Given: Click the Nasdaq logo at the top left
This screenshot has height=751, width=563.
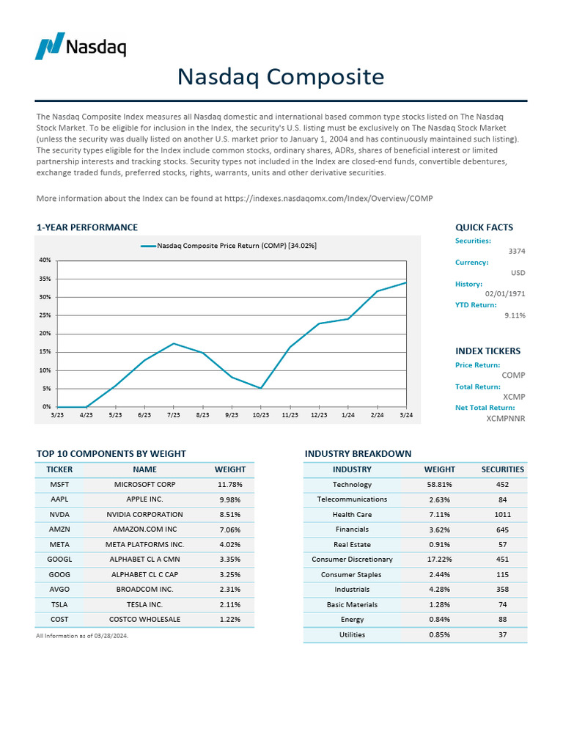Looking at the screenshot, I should point(81,46).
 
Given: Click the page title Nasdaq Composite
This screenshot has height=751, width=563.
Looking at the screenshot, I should point(281,76).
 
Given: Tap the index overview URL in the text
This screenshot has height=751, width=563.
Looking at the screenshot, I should point(328,199).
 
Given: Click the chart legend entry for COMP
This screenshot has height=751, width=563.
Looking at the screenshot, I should point(229,246).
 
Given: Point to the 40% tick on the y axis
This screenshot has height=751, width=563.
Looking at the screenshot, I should point(45,260).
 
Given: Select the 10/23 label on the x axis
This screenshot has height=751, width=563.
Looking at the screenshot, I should point(260,415).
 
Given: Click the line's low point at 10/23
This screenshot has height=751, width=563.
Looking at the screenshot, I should point(261,388).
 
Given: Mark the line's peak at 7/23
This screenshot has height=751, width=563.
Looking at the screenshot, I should point(174,343).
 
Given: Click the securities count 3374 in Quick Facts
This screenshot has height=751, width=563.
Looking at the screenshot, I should point(517,252).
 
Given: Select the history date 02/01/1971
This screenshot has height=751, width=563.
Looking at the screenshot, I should point(505,293).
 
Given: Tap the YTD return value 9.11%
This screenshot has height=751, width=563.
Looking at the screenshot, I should point(515,315).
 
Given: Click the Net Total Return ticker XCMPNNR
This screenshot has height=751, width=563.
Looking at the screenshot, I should point(506,418).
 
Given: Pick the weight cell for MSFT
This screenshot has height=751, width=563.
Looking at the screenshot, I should point(229,485).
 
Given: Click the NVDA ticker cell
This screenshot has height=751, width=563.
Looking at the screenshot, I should point(59,514).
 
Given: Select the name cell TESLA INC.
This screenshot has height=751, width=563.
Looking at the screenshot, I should point(144,604).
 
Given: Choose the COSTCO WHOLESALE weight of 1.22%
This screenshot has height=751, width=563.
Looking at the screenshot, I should point(229,619).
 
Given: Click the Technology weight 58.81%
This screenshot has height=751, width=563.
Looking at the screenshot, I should point(439,485).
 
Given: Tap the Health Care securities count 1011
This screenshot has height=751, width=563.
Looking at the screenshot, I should point(502,514).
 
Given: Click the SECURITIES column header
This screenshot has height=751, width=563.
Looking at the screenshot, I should point(502,469).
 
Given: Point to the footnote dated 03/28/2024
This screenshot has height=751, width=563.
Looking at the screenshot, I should point(82,636).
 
